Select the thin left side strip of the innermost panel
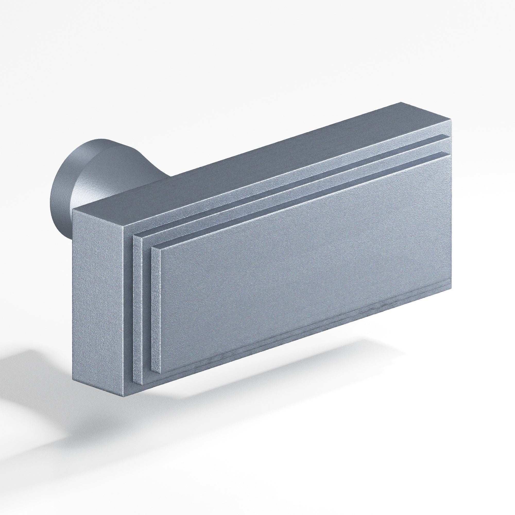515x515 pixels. tap(156, 309)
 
